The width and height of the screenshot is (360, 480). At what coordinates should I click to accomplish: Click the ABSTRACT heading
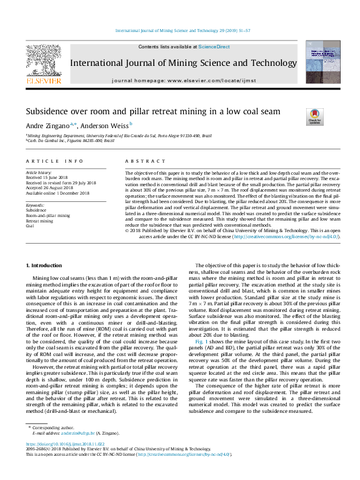click(145, 161)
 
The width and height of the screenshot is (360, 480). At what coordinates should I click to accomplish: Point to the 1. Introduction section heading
click(47, 265)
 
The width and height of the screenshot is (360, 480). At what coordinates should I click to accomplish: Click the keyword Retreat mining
click(39, 221)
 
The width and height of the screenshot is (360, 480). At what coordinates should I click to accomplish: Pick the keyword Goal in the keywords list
click(30, 226)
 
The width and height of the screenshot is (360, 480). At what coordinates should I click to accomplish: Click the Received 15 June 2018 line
click(49, 178)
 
